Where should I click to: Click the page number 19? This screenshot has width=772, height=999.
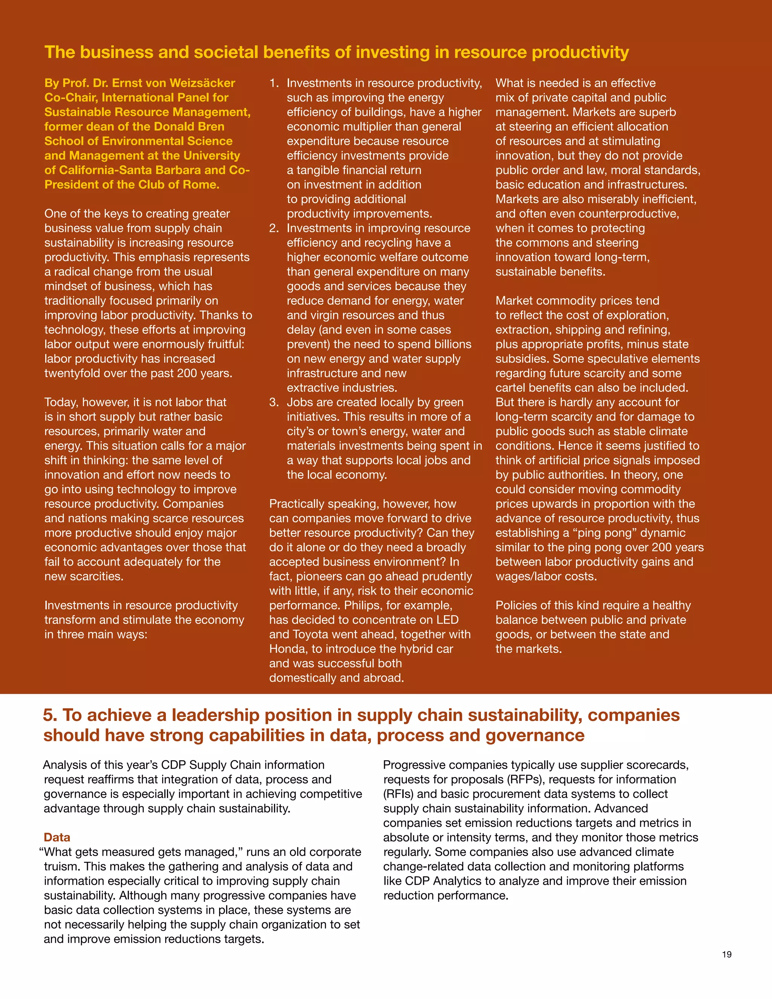tap(727, 954)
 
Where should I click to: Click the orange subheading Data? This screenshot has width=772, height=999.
tap(57, 837)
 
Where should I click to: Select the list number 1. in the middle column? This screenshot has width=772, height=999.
tap(274, 83)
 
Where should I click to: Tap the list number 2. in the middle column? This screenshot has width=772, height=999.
tap(274, 228)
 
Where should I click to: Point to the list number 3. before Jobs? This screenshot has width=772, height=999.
tap(274, 403)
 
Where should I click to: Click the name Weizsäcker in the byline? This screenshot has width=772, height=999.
tap(202, 83)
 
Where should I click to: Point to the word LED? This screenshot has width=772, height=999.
tap(447, 620)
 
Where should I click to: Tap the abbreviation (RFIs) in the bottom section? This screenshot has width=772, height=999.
tap(398, 794)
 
